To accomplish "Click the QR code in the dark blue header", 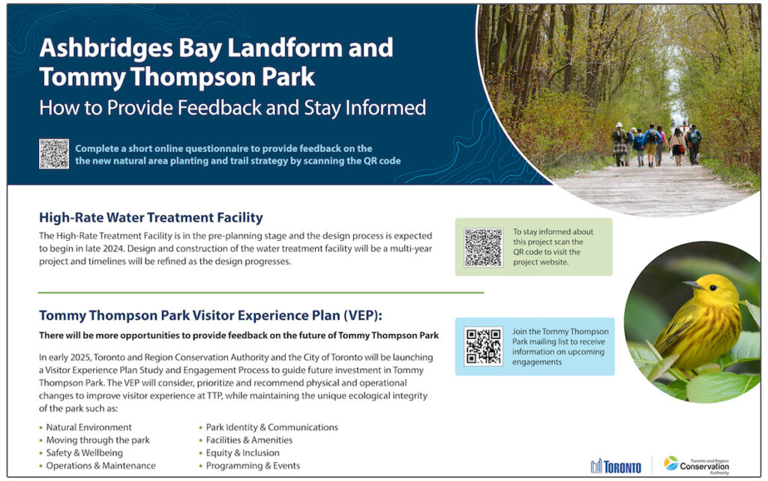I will tap(54, 154).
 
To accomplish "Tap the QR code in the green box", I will tap(483, 247).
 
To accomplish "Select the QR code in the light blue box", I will tap(483, 346).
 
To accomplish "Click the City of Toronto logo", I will tap(616, 466).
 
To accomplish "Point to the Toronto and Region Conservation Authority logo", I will tap(697, 464).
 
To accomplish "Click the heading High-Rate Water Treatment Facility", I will tap(151, 218).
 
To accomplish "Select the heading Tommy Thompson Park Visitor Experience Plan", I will tap(215, 315).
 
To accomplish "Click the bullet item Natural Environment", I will tap(88, 427).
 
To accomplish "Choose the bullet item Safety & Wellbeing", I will tap(84, 452).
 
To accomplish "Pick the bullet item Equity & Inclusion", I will tap(242, 452).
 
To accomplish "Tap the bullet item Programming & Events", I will tap(253, 465).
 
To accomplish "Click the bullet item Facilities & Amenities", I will tap(249, 440).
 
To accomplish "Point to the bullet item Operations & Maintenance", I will tap(100, 465).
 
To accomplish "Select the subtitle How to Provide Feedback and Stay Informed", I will tap(232, 107).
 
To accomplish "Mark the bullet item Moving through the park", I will tap(97, 440).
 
